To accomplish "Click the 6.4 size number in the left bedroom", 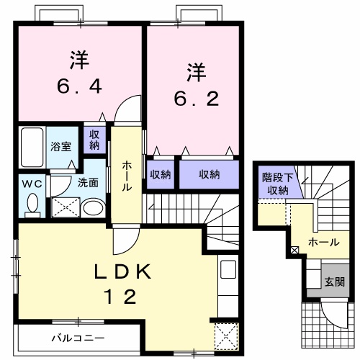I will pyautogui.click(x=80, y=87).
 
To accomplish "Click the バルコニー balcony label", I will pyautogui.click(x=78, y=337).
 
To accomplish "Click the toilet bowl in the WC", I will pyautogui.click(x=32, y=205).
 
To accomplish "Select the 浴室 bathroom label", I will pyautogui.click(x=60, y=146).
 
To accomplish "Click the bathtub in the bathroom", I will pyautogui.click(x=31, y=148).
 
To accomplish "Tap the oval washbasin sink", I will pyautogui.click(x=92, y=209).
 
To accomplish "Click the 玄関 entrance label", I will pyautogui.click(x=333, y=282).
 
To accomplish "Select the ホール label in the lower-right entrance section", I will pyautogui.click(x=324, y=243).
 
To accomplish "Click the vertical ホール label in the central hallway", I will pyautogui.click(x=127, y=175).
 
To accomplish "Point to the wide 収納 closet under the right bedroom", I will pyautogui.click(x=209, y=174).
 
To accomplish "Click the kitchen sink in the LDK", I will pyautogui.click(x=228, y=272).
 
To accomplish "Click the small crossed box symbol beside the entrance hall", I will pyautogui.click(x=294, y=251).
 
